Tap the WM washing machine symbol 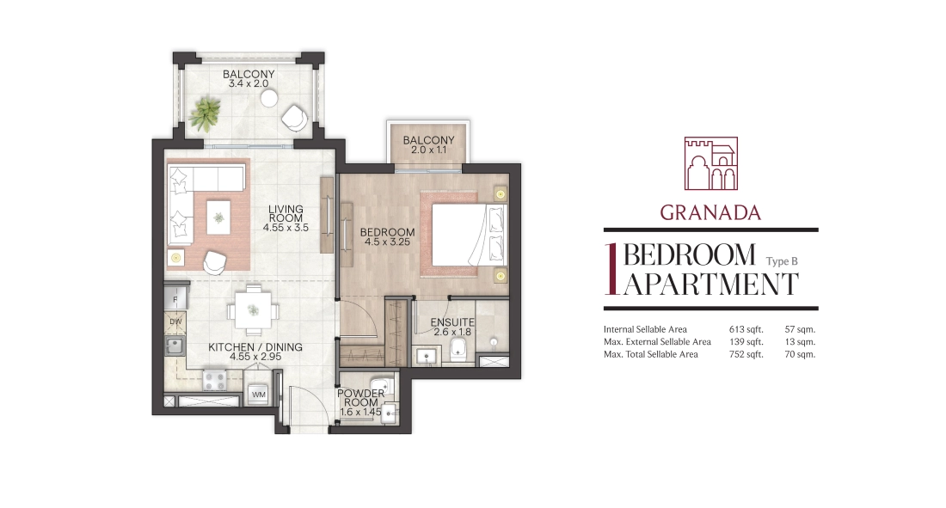click(259, 394)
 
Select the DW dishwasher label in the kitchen click(175, 321)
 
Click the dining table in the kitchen click(254, 310)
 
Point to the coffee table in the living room click(218, 217)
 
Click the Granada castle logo click(710, 163)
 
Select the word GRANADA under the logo click(710, 212)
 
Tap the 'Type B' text click(782, 261)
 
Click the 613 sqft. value click(746, 329)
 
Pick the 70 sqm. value click(800, 354)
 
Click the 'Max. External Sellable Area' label click(657, 341)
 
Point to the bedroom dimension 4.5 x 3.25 click(387, 242)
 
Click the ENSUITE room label click(452, 323)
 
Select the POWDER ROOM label click(361, 398)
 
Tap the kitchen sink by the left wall click(175, 346)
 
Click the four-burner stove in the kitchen click(214, 380)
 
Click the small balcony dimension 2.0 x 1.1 click(429, 150)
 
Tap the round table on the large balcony click(270, 97)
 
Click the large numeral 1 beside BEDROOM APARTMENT click(611, 270)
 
